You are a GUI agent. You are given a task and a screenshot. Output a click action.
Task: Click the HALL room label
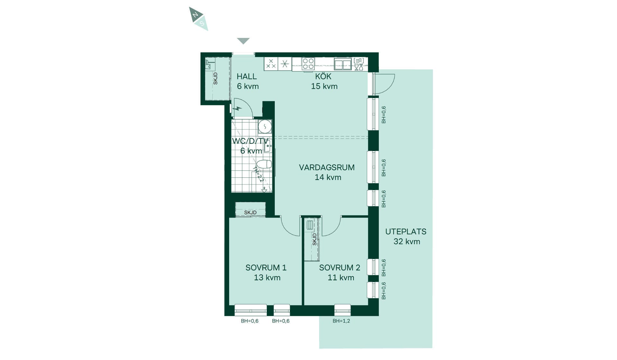point(247,76)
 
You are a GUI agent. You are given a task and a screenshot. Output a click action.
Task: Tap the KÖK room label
point(323,76)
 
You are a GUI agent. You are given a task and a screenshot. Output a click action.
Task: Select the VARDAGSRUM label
point(327,167)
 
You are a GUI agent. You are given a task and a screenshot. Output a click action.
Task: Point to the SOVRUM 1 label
point(266,268)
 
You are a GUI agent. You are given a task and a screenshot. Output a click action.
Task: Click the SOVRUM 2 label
point(340,268)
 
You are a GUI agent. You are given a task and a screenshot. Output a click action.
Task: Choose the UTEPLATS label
point(406,232)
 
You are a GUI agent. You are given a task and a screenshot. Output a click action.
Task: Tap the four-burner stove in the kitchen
point(308,64)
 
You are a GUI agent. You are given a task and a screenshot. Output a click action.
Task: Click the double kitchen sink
point(343,64)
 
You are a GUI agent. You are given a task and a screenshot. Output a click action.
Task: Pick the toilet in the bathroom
point(264,164)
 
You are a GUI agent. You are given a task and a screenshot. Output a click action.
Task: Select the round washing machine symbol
point(265,127)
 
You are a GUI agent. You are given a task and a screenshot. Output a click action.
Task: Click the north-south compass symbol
point(199,19)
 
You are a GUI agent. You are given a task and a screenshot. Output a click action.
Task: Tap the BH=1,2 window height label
point(341,321)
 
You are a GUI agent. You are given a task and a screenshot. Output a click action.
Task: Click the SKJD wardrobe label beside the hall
point(215,78)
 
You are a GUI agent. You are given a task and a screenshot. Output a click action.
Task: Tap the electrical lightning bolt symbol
point(237,108)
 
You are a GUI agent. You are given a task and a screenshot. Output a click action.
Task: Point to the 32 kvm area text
point(407,242)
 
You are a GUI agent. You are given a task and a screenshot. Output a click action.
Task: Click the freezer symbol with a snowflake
point(285,64)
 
